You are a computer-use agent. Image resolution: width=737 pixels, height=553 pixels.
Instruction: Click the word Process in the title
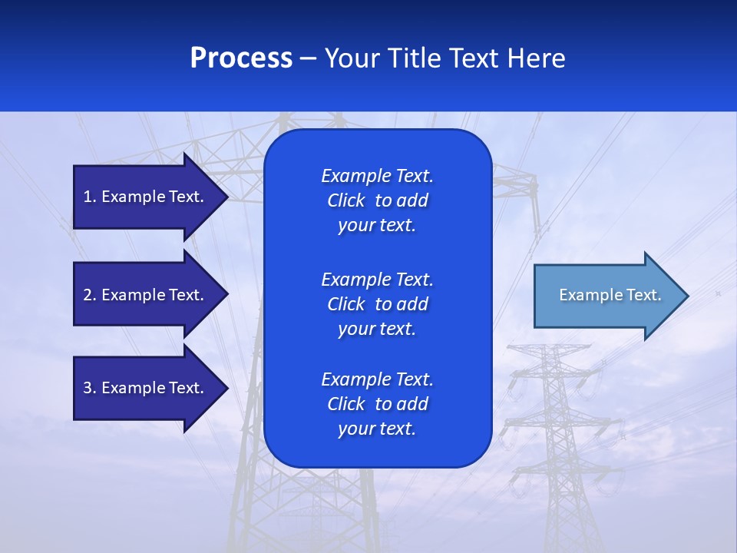click(x=241, y=58)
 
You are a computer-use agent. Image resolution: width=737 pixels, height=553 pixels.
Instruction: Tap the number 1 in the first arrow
click(x=88, y=197)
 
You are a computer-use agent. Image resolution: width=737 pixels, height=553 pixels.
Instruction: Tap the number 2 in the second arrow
click(x=88, y=295)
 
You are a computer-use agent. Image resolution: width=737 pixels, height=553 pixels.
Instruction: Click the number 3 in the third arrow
click(x=88, y=388)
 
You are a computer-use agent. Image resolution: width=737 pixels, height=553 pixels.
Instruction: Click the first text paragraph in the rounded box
click(x=377, y=200)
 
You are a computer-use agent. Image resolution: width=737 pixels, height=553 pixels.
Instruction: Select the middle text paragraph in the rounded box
click(x=377, y=303)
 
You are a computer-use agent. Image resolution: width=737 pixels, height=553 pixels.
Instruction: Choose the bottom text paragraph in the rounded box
click(x=377, y=404)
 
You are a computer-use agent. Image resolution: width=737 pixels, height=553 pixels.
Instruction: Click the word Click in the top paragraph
click(x=345, y=200)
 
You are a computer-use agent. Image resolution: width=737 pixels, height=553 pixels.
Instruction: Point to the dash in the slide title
click(x=308, y=58)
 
